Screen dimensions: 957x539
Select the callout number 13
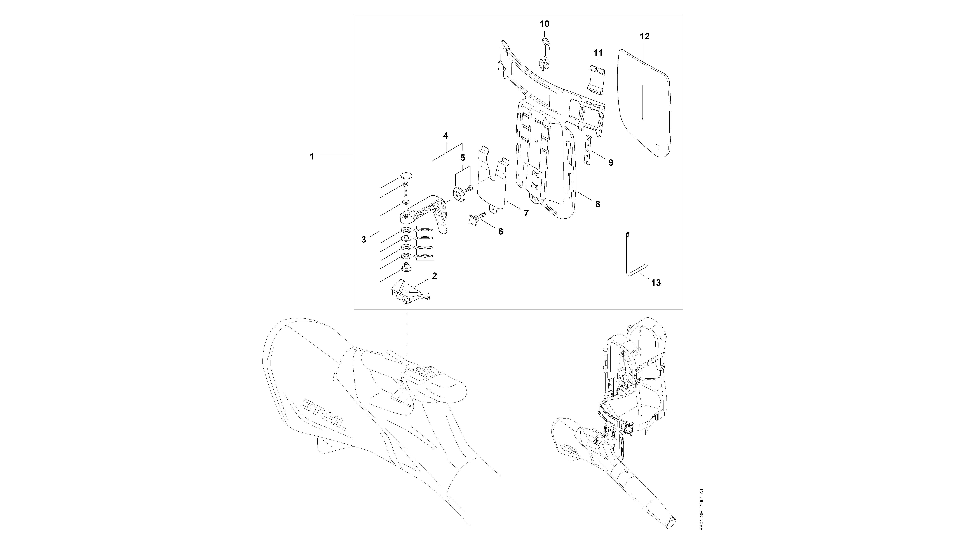(x=656, y=283)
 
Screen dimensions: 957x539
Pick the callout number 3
(x=364, y=240)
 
